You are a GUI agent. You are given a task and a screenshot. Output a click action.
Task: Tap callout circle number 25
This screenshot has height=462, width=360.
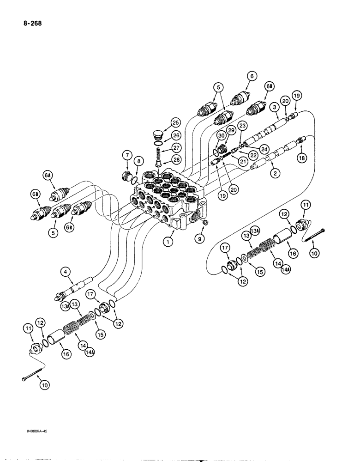pos(175,122)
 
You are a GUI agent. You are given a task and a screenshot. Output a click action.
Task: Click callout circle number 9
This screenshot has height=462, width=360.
pos(200,239)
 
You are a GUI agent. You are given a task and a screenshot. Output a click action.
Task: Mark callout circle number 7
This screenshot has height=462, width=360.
pos(126,154)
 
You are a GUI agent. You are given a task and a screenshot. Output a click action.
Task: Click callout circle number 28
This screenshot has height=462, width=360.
pos(175,159)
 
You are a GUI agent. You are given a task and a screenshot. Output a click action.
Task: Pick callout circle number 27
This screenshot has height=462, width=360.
pos(175,147)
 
